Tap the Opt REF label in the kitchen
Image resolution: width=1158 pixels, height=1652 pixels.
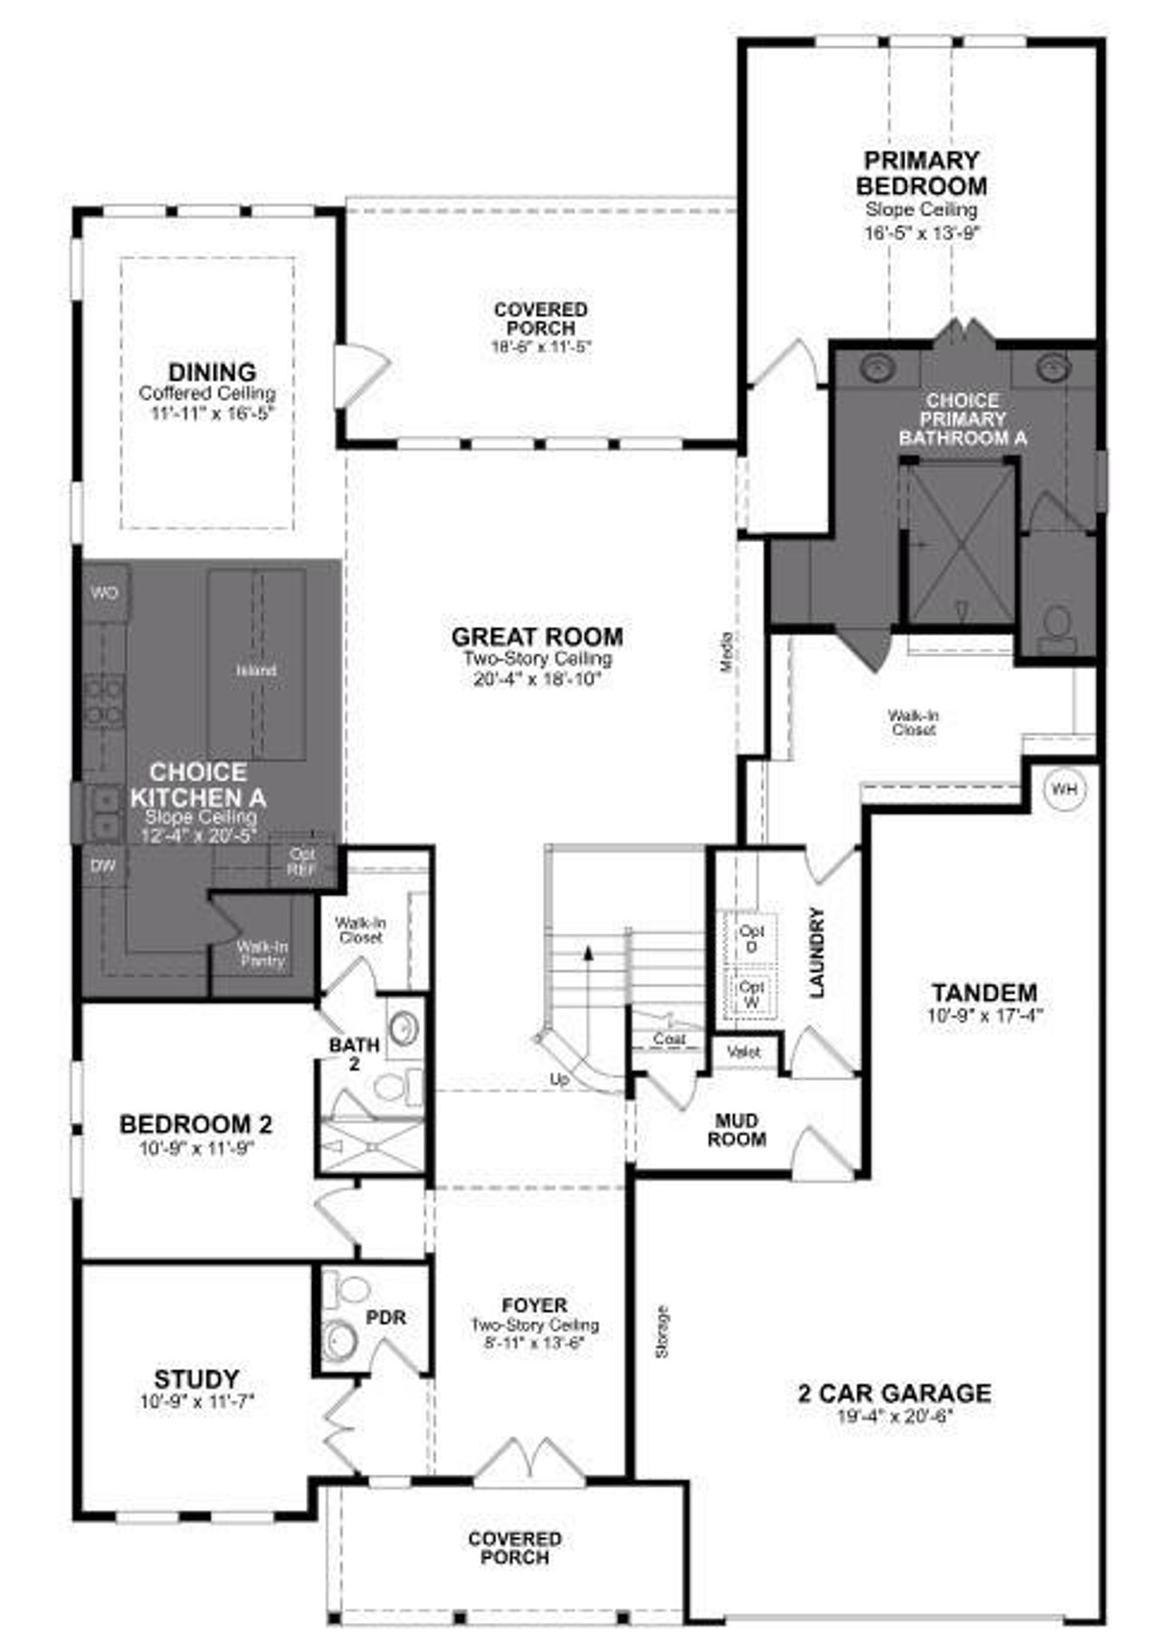click(x=301, y=861)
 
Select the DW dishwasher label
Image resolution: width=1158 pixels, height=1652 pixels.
click(x=103, y=866)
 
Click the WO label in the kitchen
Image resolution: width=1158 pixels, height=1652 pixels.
click(x=105, y=593)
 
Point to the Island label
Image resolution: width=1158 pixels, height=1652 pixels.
click(x=256, y=671)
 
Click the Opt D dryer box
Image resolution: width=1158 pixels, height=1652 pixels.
click(x=751, y=938)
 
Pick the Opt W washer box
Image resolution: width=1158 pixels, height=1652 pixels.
click(x=751, y=995)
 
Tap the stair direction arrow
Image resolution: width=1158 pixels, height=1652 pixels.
click(x=589, y=950)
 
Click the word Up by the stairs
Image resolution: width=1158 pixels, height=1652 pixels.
click(x=560, y=1079)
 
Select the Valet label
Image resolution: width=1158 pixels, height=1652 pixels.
click(x=744, y=1052)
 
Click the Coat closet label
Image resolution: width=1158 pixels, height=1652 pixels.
click(x=669, y=1039)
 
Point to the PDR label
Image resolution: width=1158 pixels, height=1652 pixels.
click(x=385, y=1317)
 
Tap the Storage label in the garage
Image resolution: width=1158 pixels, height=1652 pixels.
click(x=662, y=1332)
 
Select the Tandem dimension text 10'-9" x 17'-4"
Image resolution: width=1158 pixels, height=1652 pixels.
click(x=984, y=1015)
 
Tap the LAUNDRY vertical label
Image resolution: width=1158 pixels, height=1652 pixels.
click(x=817, y=952)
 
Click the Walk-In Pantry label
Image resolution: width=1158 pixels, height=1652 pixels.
click(x=262, y=953)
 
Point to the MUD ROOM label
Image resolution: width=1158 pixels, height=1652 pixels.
click(x=736, y=1131)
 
